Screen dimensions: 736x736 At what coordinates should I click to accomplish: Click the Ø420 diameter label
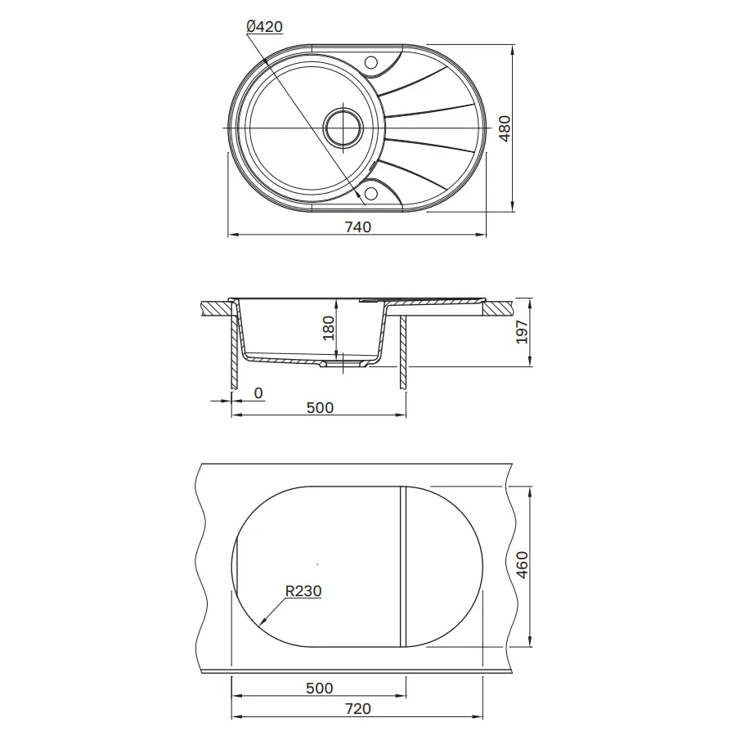264,27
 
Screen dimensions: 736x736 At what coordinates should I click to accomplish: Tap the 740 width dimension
357,227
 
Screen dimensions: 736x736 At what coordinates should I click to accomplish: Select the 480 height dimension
505,128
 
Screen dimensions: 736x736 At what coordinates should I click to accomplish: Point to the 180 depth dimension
329,328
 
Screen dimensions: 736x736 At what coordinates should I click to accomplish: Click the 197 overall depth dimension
522,332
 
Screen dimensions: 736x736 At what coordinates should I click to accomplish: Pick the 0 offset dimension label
258,393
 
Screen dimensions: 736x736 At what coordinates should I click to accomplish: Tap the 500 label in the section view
320,408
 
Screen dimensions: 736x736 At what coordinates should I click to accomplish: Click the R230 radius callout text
303,591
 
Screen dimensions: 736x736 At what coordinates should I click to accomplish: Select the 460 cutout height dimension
522,564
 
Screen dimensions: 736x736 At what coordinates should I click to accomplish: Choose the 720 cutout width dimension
357,709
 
